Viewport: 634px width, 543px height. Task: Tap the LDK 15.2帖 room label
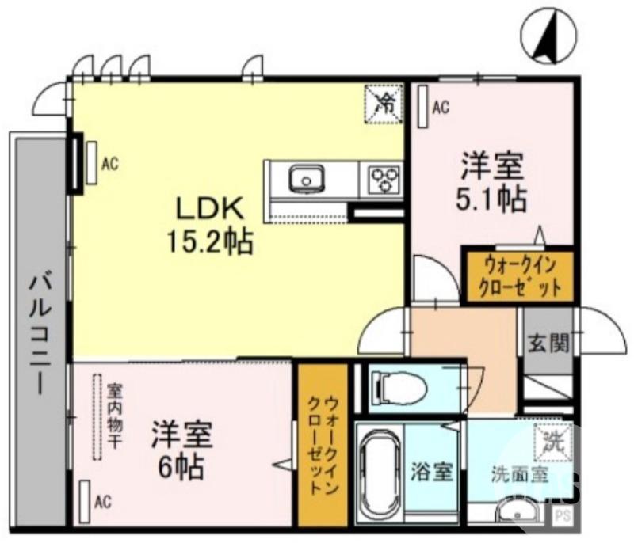pyautogui.click(x=208, y=224)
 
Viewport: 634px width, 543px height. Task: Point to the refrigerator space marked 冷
pyautogui.click(x=384, y=103)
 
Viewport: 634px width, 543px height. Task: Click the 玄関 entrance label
pyautogui.click(x=548, y=343)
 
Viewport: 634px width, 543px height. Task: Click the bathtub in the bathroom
pyautogui.click(x=379, y=474)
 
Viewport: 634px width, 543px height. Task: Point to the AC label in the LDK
pyautogui.click(x=110, y=164)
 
